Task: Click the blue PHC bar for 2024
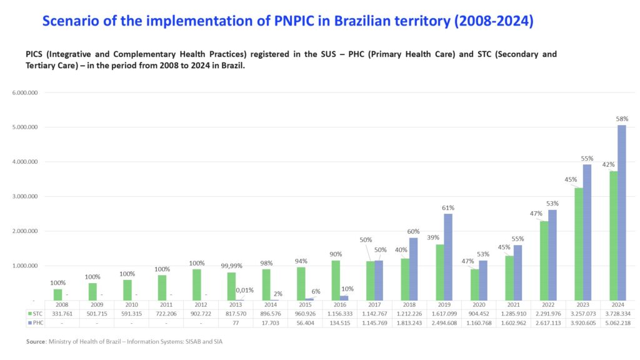click(x=621, y=212)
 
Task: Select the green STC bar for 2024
click(x=613, y=236)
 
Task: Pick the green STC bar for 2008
click(x=57, y=294)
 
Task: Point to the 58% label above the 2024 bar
click(x=622, y=119)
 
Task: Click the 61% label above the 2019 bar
click(x=448, y=207)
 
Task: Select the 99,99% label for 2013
click(x=231, y=266)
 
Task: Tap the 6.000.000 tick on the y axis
click(x=24, y=92)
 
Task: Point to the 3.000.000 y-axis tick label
click(x=24, y=196)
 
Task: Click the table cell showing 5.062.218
click(x=617, y=323)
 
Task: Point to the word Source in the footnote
click(x=36, y=342)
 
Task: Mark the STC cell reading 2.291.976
click(x=547, y=313)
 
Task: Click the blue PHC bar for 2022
click(x=552, y=255)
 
